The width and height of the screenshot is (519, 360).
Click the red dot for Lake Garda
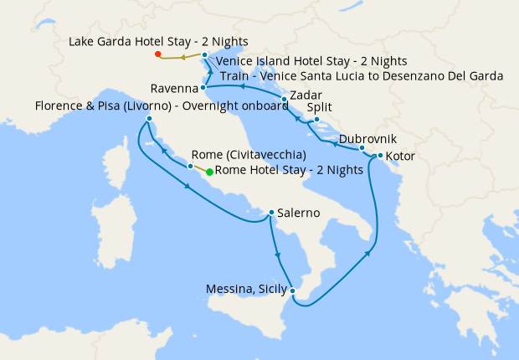(x=157, y=54)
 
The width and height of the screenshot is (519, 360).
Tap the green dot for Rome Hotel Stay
(x=209, y=171)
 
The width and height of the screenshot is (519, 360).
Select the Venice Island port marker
(x=205, y=55)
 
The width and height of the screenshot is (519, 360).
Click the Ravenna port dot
(x=203, y=87)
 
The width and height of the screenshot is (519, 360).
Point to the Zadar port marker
(x=285, y=100)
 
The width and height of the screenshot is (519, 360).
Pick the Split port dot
(x=316, y=120)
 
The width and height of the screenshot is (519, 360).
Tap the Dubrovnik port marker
(x=362, y=148)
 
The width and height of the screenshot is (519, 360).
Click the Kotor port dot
(x=380, y=156)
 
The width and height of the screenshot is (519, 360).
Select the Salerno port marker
(x=271, y=213)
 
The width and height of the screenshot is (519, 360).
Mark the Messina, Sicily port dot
(x=292, y=291)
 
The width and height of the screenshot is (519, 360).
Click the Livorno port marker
(x=149, y=120)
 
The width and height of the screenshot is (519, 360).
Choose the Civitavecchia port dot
(x=191, y=167)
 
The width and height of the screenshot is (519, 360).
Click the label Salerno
(x=301, y=213)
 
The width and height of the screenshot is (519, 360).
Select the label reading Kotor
(x=402, y=156)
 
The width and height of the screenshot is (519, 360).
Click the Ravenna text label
(x=174, y=88)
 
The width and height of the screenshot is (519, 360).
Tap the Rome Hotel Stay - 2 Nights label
(x=290, y=171)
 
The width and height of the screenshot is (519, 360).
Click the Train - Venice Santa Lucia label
(x=362, y=76)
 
